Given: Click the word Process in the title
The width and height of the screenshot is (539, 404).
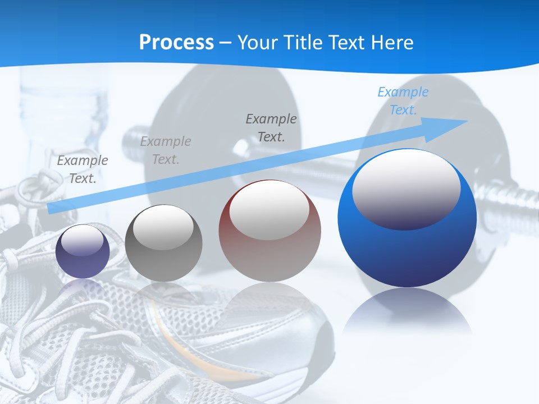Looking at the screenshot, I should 176,42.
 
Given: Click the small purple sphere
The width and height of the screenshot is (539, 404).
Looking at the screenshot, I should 83,251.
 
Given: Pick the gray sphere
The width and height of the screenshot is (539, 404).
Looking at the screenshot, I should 163,243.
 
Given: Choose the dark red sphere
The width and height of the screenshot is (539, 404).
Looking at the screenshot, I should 269,231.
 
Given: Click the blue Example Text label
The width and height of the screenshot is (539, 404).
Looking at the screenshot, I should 403,101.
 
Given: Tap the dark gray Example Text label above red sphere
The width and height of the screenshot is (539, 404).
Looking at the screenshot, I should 271,127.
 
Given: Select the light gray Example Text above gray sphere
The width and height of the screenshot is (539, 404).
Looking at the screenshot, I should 165,150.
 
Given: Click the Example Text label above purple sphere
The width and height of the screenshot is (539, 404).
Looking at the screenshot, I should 83,169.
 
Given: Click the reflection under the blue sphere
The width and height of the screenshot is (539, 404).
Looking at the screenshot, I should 408,314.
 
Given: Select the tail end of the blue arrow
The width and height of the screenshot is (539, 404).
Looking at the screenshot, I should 52,208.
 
